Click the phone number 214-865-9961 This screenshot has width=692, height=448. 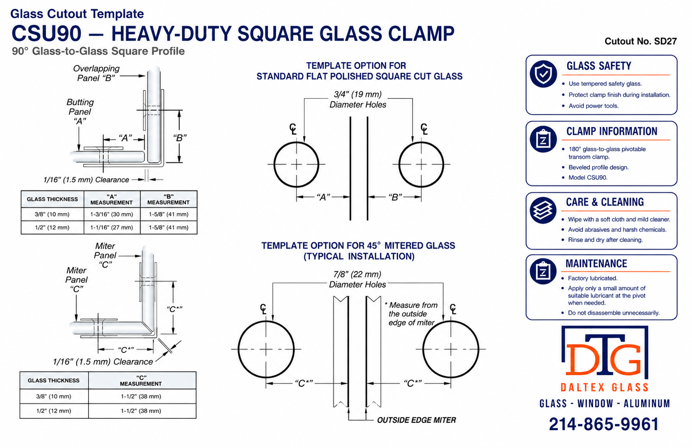(x=604, y=424)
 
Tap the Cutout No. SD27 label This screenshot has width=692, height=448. (x=641, y=41)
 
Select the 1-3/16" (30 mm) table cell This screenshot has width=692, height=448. (x=111, y=214)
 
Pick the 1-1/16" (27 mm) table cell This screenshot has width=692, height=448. (x=111, y=227)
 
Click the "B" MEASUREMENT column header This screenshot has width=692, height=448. (x=168, y=199)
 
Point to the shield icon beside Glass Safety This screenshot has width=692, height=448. (x=543, y=74)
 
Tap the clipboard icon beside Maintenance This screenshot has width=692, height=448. (x=543, y=271)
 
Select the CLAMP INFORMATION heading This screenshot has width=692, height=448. (x=612, y=131)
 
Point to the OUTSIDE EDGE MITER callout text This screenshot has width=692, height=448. (x=416, y=420)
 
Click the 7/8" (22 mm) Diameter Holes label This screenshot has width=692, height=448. (x=357, y=279)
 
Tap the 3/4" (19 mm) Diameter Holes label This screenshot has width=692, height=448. (x=358, y=99)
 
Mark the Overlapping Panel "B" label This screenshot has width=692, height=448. (x=96, y=73)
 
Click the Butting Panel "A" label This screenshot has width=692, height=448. (x=80, y=111)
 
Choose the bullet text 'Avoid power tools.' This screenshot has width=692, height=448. (x=593, y=106)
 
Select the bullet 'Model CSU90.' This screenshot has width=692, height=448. (x=588, y=177)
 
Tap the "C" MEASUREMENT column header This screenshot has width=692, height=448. (x=141, y=381)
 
